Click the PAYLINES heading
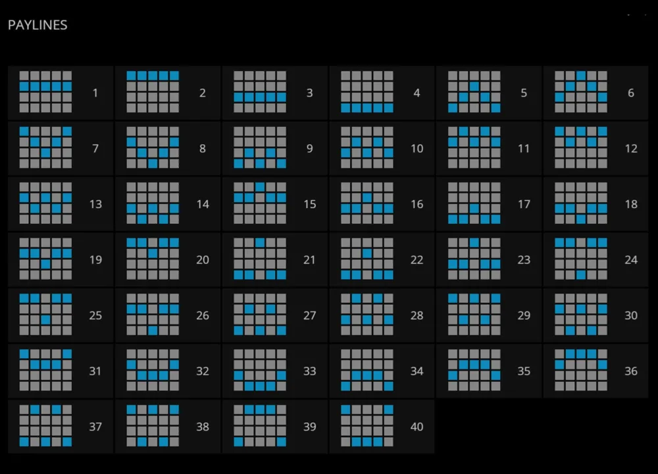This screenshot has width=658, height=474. coord(38,25)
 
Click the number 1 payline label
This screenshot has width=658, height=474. coord(95,93)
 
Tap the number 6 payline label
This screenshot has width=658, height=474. coord(631,93)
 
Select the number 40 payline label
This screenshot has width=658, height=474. coord(417,427)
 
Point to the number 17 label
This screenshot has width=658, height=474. coord(524,204)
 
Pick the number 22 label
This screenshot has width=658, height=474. coord(417,260)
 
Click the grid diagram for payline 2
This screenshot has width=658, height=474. coord(153,92)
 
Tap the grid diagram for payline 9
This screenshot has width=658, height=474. coord(260,147)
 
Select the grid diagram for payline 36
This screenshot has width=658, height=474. coord(581,370)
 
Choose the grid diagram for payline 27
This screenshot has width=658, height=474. coord(260,315)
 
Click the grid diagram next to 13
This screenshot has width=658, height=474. coord(45,203)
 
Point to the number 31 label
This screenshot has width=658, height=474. coord(95,371)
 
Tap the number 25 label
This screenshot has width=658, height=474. coord(95,315)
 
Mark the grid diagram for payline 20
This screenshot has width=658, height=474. coord(153,259)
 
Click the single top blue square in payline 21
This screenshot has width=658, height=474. coord(260,243)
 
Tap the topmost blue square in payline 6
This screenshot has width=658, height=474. coord(581,76)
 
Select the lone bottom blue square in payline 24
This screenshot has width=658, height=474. coord(581,275)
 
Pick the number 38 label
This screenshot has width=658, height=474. coord(203,427)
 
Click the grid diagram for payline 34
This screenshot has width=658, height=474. coord(367,370)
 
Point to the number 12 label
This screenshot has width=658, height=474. coord(631,148)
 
